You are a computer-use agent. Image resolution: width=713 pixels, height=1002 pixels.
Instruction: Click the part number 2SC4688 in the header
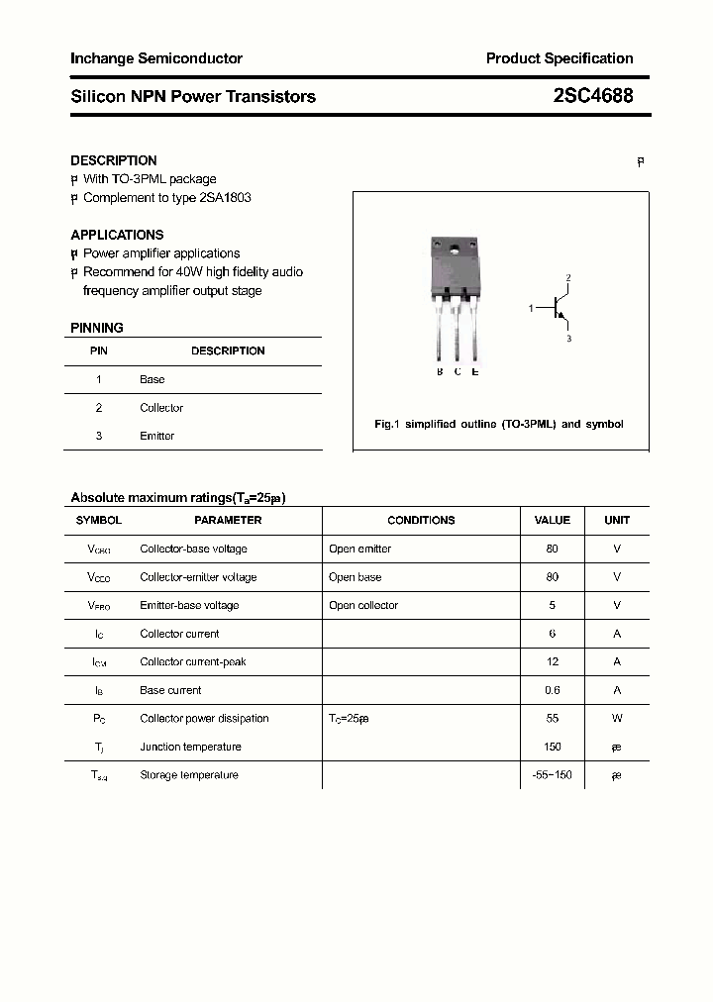click(592, 96)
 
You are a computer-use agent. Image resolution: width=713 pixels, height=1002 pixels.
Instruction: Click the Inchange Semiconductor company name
click(156, 58)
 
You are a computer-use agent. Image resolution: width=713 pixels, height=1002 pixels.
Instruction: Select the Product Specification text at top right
click(559, 58)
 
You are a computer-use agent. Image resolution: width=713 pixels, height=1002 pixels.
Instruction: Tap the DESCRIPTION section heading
click(114, 160)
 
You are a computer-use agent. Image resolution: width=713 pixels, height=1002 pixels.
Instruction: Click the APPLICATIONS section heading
click(117, 235)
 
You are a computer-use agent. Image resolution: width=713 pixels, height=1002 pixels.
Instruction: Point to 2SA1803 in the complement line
click(225, 197)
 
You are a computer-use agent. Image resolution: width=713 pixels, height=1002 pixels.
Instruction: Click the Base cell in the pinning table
click(153, 379)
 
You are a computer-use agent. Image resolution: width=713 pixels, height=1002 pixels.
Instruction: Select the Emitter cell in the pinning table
click(156, 436)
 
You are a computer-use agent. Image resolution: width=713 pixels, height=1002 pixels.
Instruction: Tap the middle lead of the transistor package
click(457, 332)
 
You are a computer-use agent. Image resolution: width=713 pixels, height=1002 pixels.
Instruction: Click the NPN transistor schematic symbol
click(560, 308)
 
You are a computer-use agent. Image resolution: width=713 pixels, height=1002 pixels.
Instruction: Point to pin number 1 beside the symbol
click(531, 309)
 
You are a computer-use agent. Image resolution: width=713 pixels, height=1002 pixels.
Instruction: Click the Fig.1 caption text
click(499, 424)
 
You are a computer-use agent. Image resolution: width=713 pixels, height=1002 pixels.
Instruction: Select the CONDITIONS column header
click(421, 520)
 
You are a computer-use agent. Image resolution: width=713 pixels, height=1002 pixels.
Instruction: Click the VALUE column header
click(552, 520)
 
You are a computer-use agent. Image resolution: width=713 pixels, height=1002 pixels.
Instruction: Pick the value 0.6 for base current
click(552, 690)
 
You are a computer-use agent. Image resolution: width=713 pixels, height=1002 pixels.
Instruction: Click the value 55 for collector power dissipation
click(552, 718)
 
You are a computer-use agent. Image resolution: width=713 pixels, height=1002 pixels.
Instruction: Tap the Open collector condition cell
click(363, 605)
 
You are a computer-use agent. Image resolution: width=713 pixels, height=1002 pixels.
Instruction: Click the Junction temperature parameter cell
click(190, 747)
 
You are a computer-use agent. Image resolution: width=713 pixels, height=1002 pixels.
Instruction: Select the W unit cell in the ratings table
click(617, 718)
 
